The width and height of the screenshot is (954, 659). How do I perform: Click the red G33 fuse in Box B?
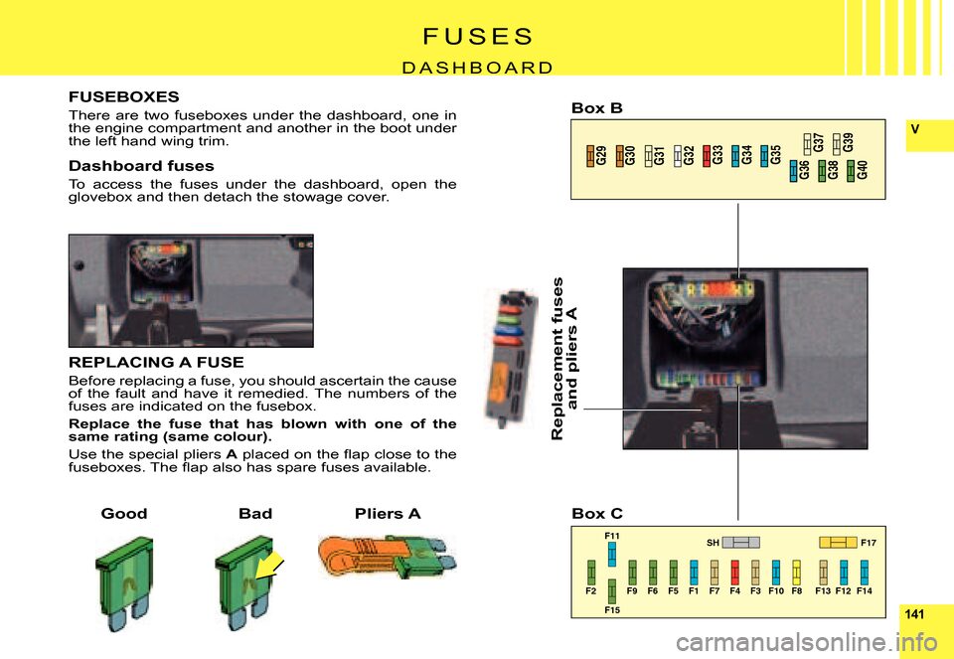coord(707,156)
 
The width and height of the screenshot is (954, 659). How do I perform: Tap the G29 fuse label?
coord(600,156)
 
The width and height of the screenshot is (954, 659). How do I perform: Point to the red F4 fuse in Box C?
coord(735,572)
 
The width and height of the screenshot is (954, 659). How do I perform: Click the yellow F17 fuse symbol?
coord(839,542)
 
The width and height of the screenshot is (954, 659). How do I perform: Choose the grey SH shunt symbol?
coord(741,542)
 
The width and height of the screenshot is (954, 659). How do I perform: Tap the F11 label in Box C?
coord(612,536)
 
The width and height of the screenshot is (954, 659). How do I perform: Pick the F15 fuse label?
coord(612,609)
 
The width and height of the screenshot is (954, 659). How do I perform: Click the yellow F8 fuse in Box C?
coord(796,572)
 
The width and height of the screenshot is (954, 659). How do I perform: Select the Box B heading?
coord(597,108)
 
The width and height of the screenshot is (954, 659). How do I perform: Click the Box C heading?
coord(597,514)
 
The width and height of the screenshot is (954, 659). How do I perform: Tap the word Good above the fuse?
coord(124,514)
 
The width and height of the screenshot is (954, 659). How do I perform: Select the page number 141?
coord(914,614)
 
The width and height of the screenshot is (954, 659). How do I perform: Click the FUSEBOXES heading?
coord(124,96)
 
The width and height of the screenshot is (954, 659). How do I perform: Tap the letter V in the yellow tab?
coord(915,129)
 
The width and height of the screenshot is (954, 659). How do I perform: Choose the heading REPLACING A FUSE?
coord(156,362)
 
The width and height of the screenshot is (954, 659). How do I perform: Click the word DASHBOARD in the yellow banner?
coord(478,67)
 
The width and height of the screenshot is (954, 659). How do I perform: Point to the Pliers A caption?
coord(388,514)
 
